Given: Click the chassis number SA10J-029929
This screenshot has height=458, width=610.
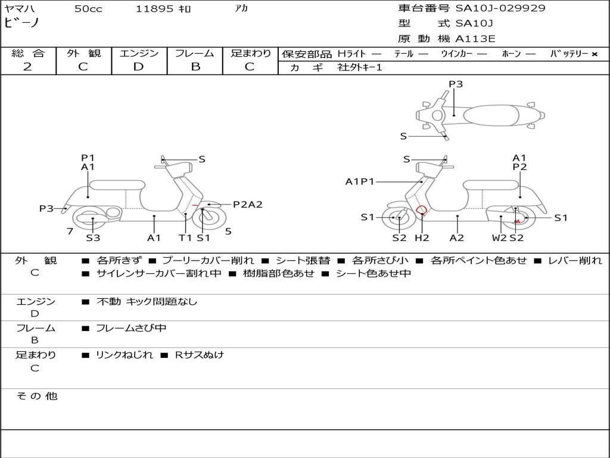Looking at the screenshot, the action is [x=500, y=8].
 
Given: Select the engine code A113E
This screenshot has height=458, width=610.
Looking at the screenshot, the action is [x=475, y=39].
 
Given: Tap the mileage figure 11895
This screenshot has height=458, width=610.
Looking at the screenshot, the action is [x=154, y=8].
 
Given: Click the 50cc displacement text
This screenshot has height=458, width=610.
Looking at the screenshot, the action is [x=88, y=8].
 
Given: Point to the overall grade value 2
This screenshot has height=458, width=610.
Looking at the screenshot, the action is [x=27, y=67].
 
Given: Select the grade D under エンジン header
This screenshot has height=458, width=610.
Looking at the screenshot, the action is [x=138, y=67].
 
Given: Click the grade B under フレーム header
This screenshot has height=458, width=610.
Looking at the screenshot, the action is [x=195, y=67].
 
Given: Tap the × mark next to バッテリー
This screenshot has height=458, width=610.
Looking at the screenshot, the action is [x=595, y=54].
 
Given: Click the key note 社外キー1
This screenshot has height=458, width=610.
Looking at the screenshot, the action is [x=360, y=67].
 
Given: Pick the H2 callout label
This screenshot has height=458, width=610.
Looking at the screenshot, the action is [x=422, y=237].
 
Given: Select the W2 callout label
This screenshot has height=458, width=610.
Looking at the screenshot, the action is [x=499, y=237].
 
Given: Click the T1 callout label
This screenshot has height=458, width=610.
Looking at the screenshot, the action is [x=185, y=237].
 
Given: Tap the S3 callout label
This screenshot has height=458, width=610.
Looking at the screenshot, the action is [x=93, y=237].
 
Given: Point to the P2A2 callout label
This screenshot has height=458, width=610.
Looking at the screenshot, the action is [x=248, y=205].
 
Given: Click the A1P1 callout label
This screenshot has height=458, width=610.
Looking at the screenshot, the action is [x=360, y=181].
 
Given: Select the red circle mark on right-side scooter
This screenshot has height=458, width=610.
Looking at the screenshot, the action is [x=421, y=210].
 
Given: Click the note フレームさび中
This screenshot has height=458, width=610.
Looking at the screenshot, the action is [x=131, y=329].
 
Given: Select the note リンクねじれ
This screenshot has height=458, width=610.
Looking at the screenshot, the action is [x=125, y=355].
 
